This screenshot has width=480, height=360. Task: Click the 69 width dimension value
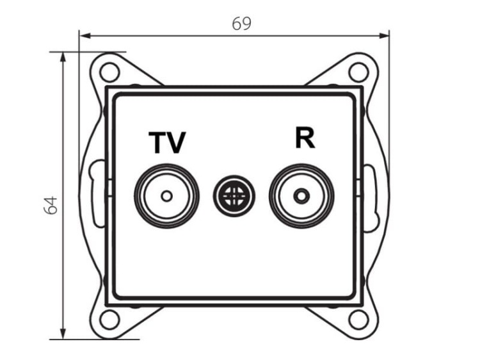tap(241, 24)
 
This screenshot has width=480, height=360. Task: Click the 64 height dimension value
tap(51, 205)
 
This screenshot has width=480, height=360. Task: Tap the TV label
tap(168, 142)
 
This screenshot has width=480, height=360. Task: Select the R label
tap(305, 138)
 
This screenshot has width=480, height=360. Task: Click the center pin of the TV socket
tap(167, 196)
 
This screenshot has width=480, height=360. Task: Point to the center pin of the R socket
tap(301, 196)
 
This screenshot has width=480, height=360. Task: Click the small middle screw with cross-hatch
tap(234, 196)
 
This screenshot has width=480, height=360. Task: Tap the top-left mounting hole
tap(109, 72)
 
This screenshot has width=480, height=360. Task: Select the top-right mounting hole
tap(358, 72)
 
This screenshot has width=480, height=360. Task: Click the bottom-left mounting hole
tap(109, 320)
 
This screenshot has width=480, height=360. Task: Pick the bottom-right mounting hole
tap(358, 320)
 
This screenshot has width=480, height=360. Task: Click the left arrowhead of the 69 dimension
tap(84, 36)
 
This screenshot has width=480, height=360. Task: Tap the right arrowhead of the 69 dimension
tap(384, 36)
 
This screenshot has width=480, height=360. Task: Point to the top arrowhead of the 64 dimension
tap(63, 57)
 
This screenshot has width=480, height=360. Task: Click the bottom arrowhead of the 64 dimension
tap(63, 334)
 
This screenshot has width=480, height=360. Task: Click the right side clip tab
tap(371, 198)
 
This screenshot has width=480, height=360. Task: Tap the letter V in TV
tap(176, 143)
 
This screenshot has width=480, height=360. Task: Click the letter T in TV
tap(157, 142)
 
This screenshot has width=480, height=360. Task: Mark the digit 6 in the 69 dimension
tap(237, 24)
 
